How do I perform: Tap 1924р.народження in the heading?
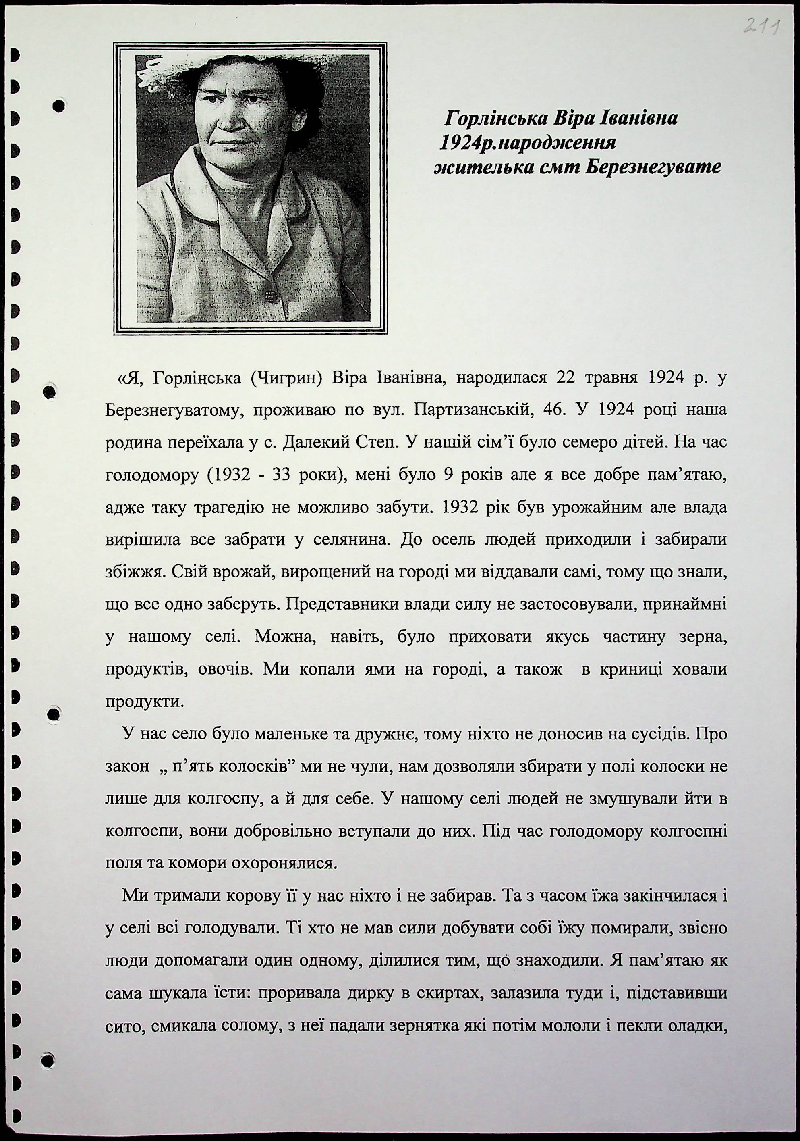pyautogui.click(x=527, y=143)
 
